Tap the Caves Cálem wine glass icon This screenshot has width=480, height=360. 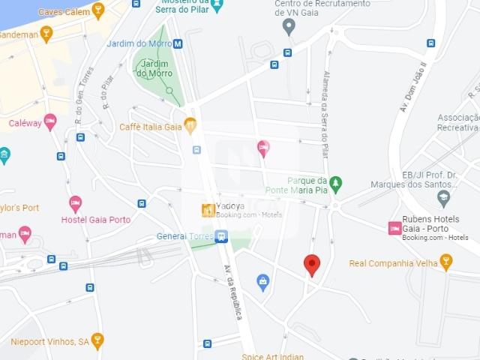[98, 10]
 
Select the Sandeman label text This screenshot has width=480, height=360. [16, 34]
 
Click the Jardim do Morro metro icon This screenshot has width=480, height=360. [178, 43]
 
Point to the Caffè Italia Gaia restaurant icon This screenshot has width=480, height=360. [190, 126]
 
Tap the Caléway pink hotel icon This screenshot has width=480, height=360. [50, 121]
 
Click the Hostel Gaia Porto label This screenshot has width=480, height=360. [95, 220]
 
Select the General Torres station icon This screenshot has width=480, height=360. [220, 237]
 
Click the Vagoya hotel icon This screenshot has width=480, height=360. [208, 211]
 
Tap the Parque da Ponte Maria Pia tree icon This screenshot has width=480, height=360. [336, 184]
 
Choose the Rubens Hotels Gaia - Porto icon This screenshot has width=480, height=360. [394, 228]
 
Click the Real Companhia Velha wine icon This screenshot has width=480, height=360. [446, 262]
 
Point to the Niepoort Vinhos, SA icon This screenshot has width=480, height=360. [97, 341]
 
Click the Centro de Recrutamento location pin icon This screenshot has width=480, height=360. [289, 28]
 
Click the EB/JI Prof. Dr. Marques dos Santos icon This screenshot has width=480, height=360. [443, 199]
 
